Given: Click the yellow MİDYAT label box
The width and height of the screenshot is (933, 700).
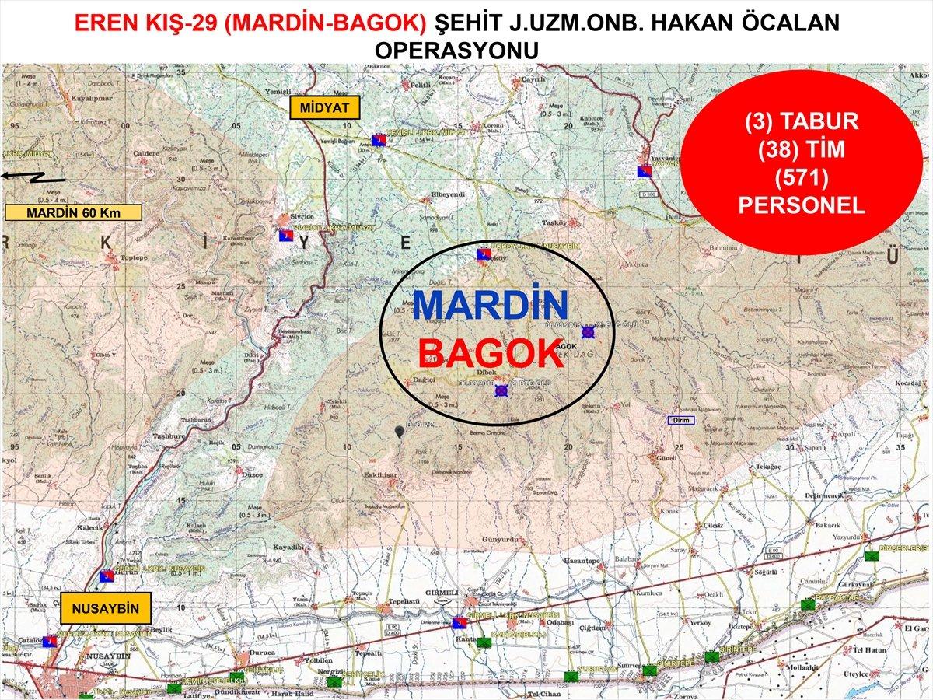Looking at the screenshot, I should click(324, 107).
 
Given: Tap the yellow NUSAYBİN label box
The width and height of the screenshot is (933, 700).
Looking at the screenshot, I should click(105, 609).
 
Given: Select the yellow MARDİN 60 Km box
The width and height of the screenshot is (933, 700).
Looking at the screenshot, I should click(73, 212).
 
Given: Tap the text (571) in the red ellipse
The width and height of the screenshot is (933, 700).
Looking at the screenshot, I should click(801, 178).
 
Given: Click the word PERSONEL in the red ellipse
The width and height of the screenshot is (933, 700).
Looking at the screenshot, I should click(801, 206).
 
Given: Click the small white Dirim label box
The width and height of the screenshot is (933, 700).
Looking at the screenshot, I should click(680, 421).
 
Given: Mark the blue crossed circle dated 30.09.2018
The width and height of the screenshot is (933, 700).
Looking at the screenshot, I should click(501, 391).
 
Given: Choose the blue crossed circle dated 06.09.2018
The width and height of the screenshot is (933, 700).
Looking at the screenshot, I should click(588, 332).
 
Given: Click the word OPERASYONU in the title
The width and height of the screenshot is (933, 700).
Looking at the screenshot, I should click(457, 50).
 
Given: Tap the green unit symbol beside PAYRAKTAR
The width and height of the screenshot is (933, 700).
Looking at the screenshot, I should click(809, 603).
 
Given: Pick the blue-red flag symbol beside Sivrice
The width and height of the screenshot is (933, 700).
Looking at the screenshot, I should click(285, 234).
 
